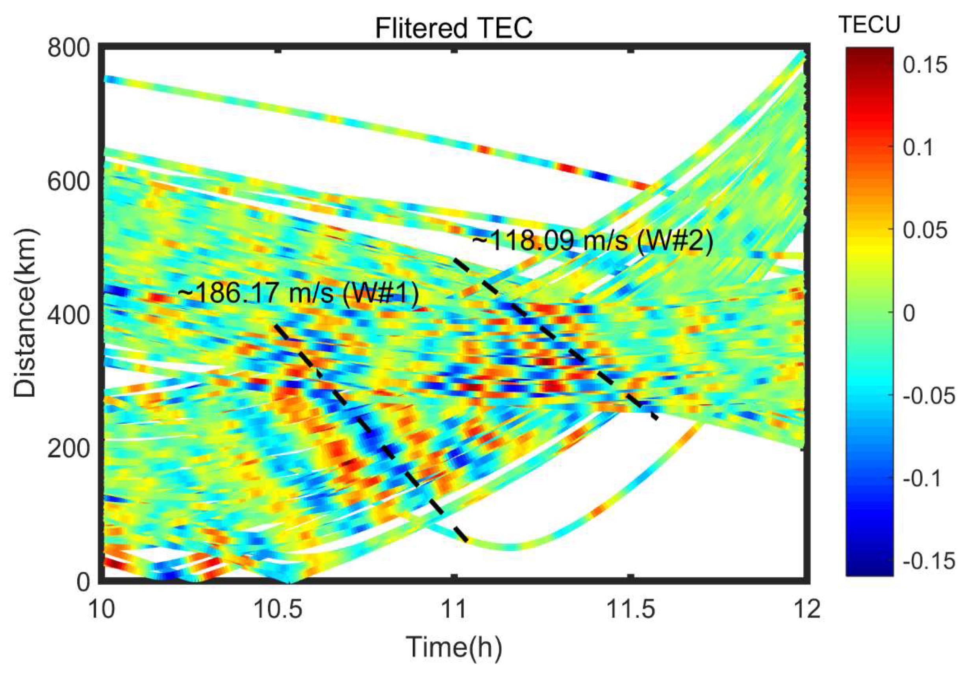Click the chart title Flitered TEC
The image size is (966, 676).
[x=454, y=29]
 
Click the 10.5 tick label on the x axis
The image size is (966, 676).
[x=278, y=609]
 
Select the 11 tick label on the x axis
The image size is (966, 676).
[x=454, y=609]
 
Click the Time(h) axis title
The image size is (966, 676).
[x=454, y=646]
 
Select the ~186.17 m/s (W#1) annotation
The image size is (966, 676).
[x=298, y=293]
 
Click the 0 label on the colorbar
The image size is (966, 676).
[x=909, y=313]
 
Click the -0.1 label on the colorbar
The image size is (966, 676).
[x=922, y=478]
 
